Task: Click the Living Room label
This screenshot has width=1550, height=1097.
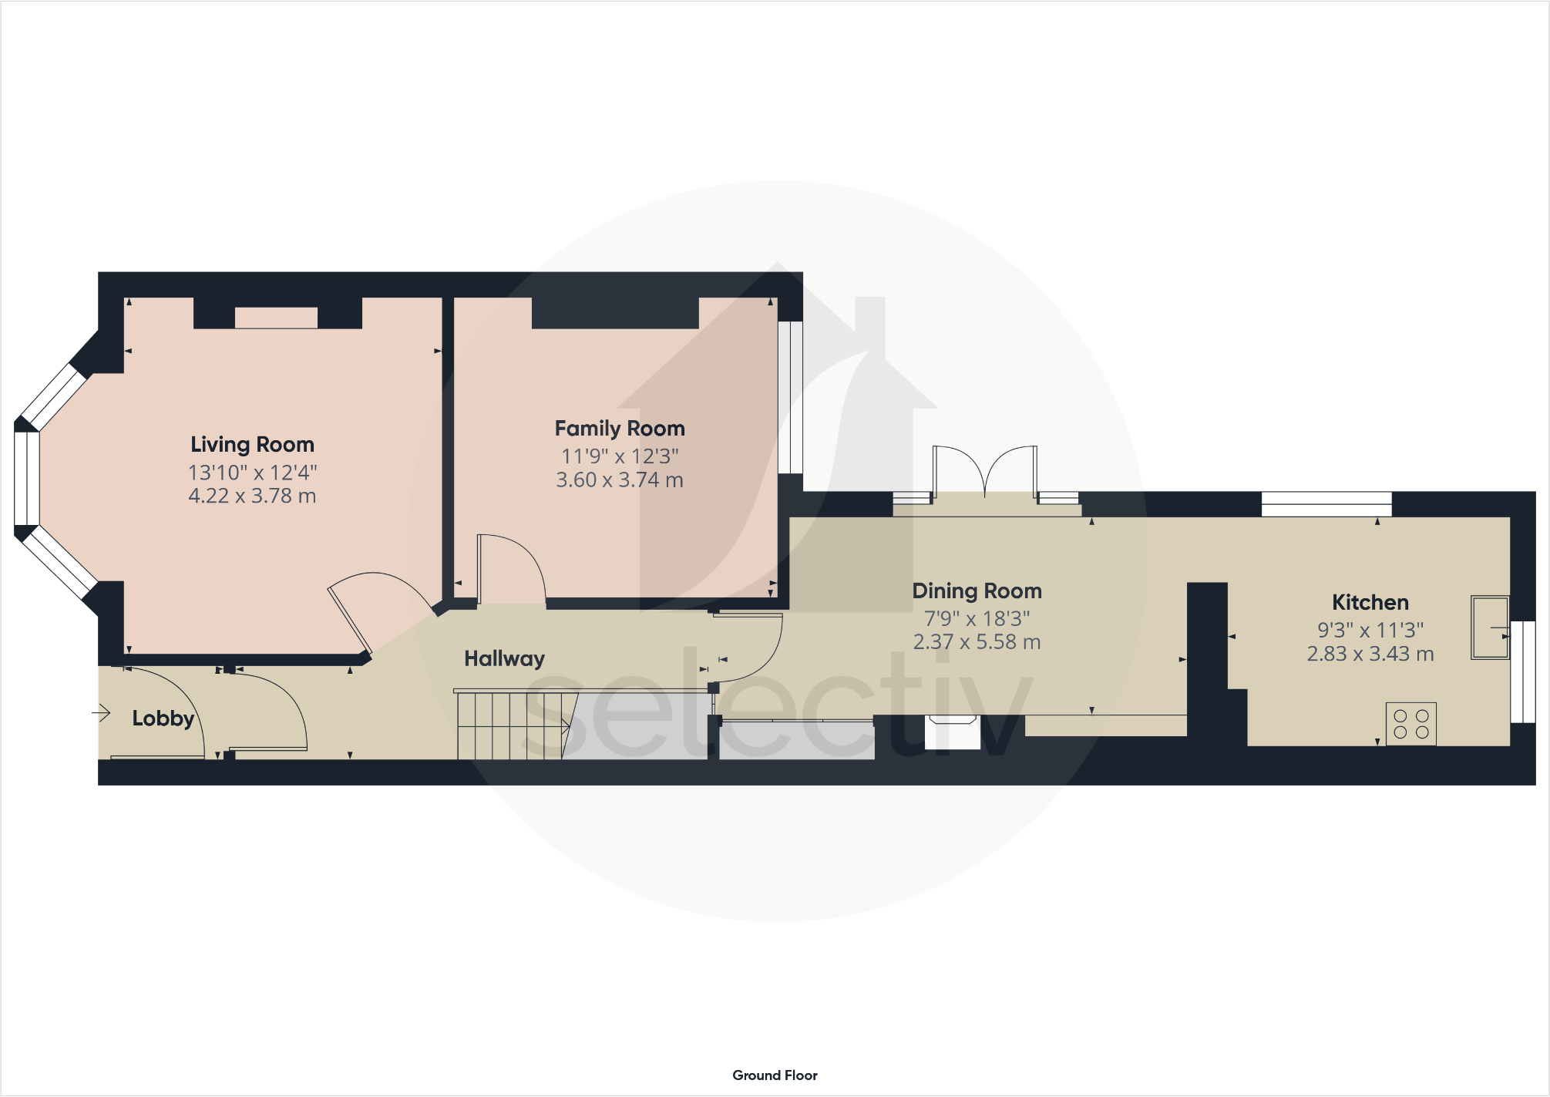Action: (252, 445)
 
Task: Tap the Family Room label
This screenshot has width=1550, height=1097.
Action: (620, 429)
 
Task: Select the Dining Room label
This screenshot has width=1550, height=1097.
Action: (977, 591)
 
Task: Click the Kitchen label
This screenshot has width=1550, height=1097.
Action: (1370, 603)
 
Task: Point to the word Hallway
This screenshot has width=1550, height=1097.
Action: (504, 659)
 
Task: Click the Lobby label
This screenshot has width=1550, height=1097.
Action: (163, 718)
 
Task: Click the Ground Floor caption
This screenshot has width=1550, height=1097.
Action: (775, 1075)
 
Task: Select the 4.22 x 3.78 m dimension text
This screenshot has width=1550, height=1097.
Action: (252, 496)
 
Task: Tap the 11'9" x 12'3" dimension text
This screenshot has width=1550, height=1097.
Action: (620, 456)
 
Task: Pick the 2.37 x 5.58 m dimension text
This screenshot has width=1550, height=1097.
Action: (977, 642)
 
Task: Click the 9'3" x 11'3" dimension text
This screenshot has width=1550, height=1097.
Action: (1370, 631)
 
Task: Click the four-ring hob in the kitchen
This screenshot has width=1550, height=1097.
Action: (1410, 724)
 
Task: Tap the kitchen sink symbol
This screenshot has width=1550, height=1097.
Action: (1489, 627)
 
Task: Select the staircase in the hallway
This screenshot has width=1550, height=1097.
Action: (513, 725)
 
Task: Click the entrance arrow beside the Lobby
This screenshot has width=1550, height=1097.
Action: (101, 713)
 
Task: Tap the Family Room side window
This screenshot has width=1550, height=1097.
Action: (790, 397)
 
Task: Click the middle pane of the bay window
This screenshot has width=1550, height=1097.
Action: (26, 478)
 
